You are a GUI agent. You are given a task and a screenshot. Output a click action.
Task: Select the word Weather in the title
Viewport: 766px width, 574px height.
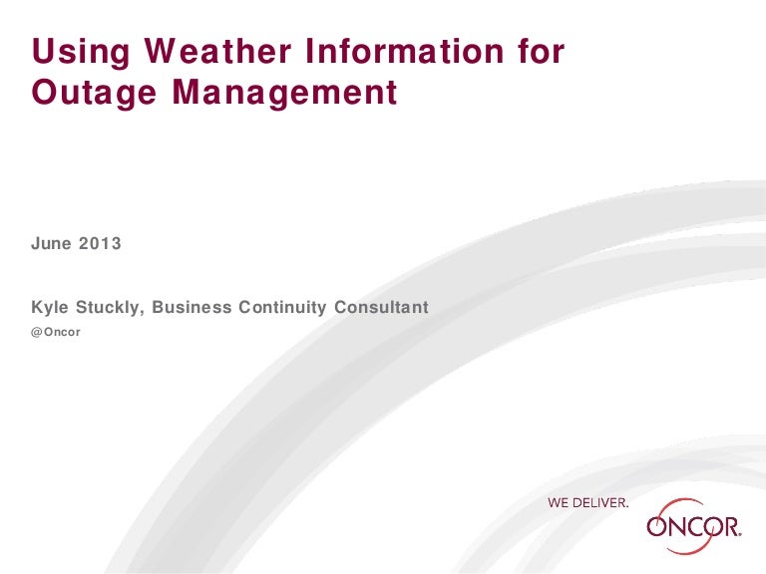[x=217, y=50]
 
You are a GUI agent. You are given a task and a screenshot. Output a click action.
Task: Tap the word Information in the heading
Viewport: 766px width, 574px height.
[x=405, y=50]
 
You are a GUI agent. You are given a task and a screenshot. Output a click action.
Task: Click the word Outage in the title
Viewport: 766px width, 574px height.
[x=94, y=94]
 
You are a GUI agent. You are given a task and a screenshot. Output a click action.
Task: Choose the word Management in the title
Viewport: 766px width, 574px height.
[x=284, y=94]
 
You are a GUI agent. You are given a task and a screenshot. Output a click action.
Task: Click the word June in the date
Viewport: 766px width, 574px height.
[x=51, y=243]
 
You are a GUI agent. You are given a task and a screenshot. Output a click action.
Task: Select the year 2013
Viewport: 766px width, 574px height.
[x=100, y=243]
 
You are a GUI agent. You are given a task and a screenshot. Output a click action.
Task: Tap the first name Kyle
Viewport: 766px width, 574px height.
[x=50, y=308]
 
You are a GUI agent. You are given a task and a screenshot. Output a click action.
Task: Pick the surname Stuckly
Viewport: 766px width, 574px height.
[x=108, y=308]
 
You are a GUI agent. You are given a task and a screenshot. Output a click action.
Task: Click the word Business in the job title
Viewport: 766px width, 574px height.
[x=191, y=307]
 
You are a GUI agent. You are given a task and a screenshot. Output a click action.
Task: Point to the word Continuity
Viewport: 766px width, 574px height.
[x=282, y=308]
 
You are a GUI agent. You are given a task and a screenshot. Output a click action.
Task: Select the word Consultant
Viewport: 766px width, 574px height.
[x=381, y=307]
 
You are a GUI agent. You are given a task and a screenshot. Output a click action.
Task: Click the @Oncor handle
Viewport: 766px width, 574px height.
[x=56, y=332]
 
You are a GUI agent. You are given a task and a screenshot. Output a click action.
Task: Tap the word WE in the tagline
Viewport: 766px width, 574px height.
[x=558, y=502]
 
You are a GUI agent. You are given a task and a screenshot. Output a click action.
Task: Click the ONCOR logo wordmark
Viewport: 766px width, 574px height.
[x=694, y=527]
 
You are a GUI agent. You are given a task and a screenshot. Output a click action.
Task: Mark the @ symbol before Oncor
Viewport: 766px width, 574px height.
[x=37, y=333]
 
